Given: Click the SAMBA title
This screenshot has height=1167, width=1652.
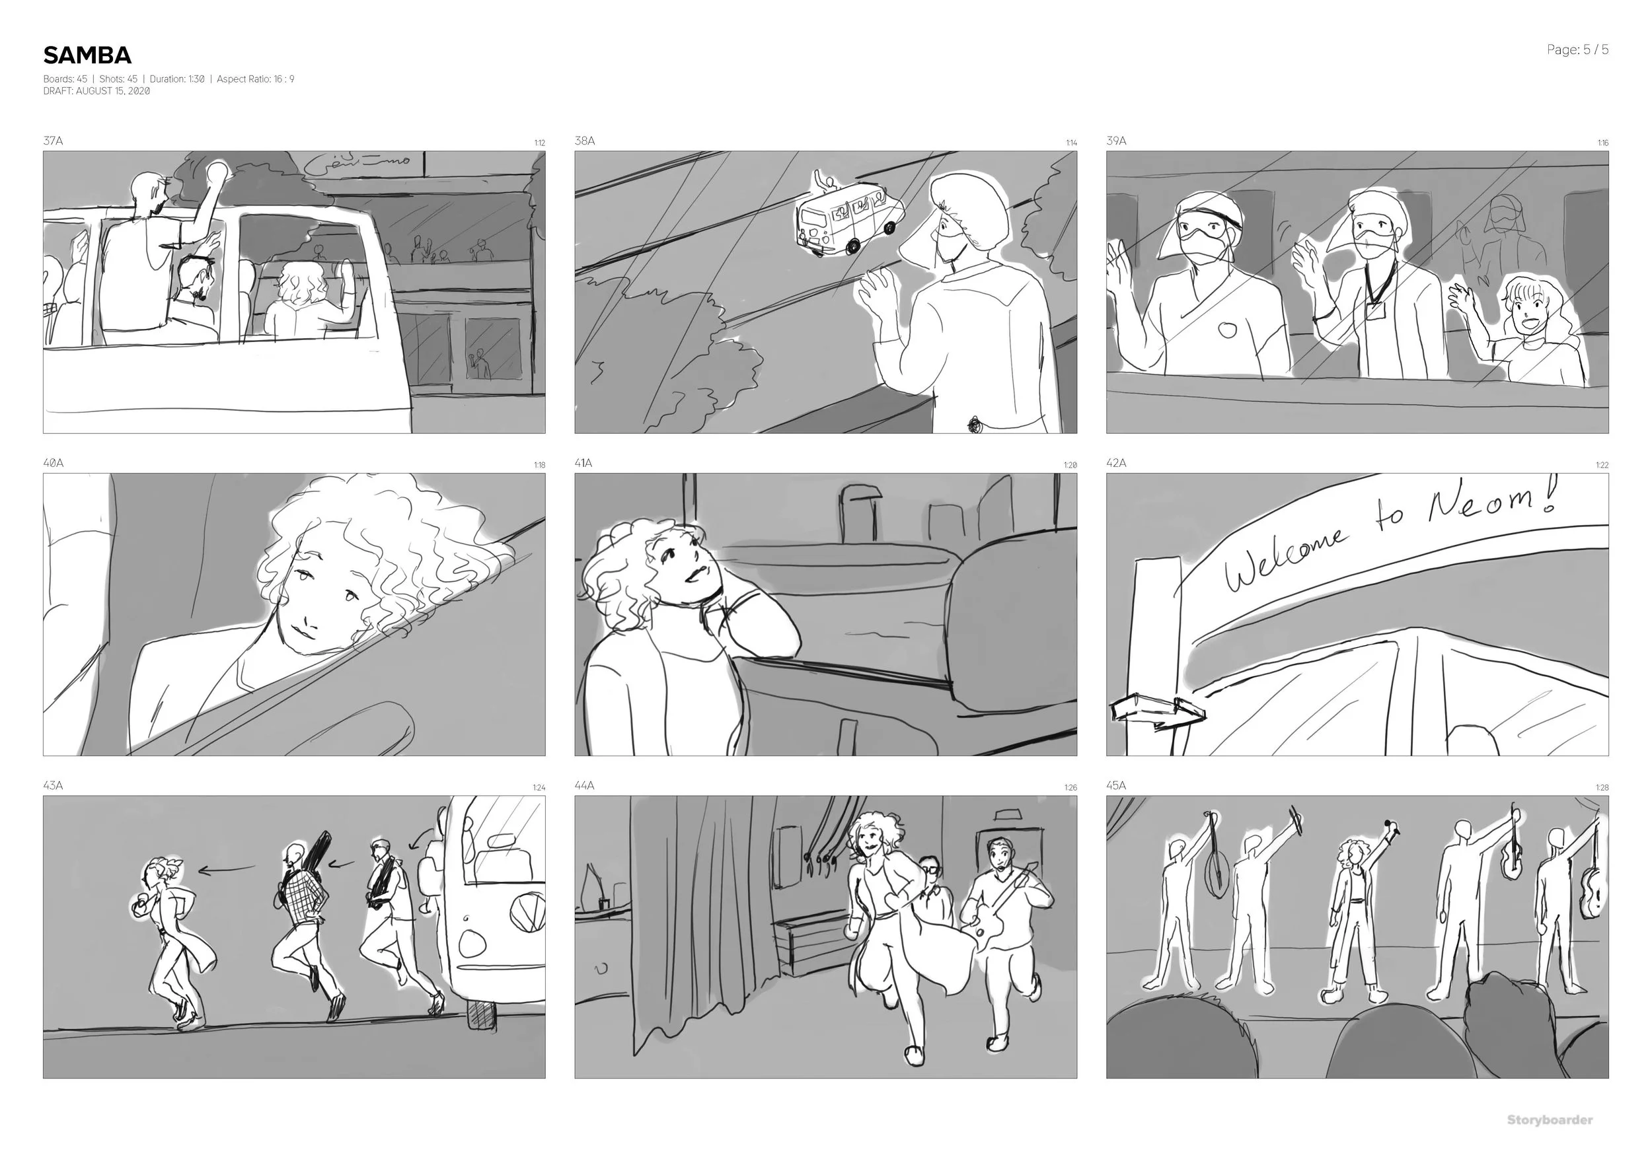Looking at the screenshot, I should point(87,55).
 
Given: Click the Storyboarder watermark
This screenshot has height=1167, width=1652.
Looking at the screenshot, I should point(1549,1119).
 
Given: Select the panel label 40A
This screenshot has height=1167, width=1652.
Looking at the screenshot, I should point(54,463).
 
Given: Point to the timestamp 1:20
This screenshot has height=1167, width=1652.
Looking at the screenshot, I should point(1070,465).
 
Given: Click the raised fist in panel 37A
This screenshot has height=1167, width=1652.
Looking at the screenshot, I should point(217,171).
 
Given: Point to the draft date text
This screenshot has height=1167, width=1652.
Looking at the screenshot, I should point(96,91).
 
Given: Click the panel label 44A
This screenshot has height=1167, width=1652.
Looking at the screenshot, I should point(584,786).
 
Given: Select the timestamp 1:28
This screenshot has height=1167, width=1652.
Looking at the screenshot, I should point(1602,788).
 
